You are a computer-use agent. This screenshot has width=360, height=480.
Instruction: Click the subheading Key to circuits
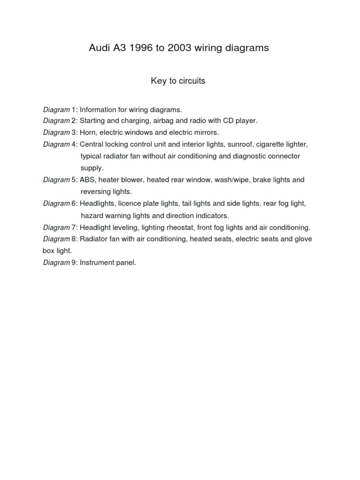pyautogui.click(x=178, y=81)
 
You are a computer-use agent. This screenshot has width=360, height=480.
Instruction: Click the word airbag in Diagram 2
pyautogui.click(x=162, y=120)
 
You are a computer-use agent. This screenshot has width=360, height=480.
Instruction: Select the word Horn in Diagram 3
pyautogui.click(x=88, y=132)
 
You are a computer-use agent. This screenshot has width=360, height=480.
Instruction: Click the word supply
pyautogui.click(x=91, y=168)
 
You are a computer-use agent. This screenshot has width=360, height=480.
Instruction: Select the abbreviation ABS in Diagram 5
pyautogui.click(x=87, y=180)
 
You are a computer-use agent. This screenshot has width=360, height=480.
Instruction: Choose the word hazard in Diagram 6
pyautogui.click(x=91, y=216)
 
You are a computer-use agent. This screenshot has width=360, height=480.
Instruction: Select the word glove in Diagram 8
pyautogui.click(x=303, y=239)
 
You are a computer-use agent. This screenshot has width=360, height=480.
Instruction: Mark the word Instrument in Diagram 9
pyautogui.click(x=97, y=262)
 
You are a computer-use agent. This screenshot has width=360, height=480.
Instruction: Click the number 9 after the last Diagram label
pyautogui.click(x=74, y=262)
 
